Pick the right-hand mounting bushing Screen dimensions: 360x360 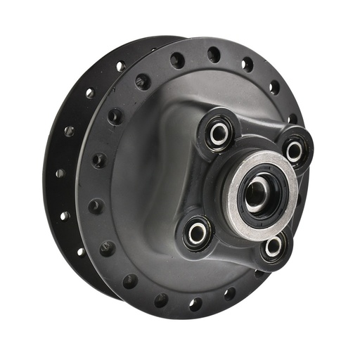point(294,150)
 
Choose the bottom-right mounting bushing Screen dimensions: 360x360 point(273,246)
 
